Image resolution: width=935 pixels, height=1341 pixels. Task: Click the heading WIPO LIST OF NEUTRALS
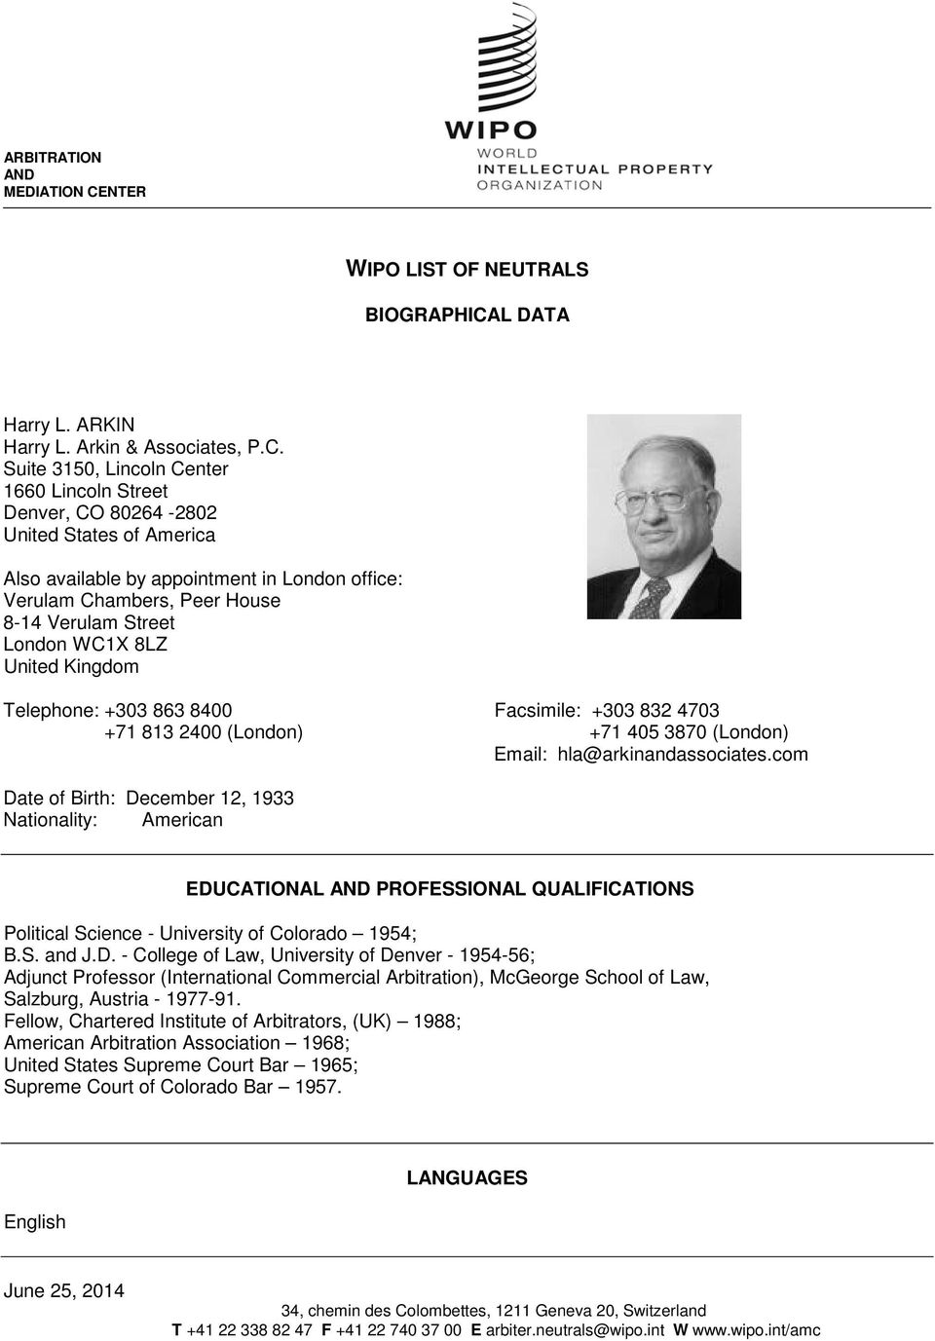467,269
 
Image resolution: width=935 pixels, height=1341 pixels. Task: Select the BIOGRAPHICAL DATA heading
467,315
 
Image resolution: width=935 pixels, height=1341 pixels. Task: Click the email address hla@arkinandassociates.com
682,755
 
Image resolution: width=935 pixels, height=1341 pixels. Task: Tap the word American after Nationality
182,820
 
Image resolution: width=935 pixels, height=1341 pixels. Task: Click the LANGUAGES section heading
467,1177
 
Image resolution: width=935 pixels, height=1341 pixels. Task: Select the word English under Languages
35,1222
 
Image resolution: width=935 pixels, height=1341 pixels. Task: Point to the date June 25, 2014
64,1290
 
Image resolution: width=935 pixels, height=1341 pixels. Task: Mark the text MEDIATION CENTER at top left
75,192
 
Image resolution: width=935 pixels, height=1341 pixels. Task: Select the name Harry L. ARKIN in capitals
69,425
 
